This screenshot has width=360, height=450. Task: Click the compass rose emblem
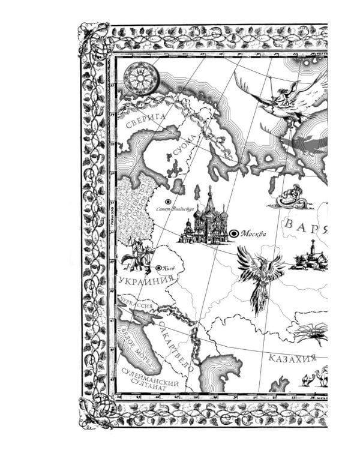[142, 79]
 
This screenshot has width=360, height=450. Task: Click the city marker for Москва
[233, 233]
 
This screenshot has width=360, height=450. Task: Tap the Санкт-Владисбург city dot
[168, 202]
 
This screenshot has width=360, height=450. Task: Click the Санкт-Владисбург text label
[174, 211]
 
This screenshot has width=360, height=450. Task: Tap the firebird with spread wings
[259, 275]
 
